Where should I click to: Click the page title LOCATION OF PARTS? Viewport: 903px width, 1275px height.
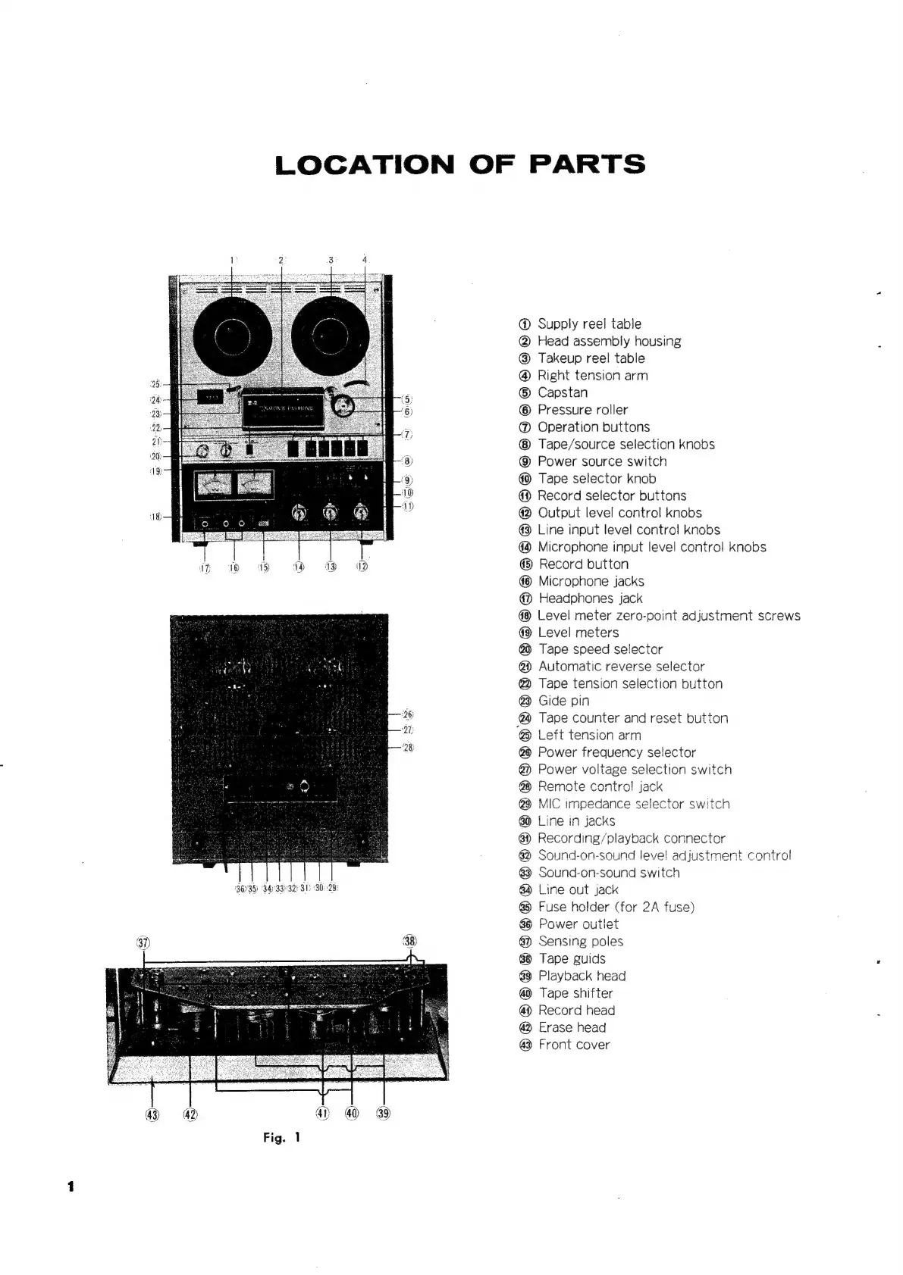(460, 164)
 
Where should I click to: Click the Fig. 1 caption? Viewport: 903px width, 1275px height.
(282, 1137)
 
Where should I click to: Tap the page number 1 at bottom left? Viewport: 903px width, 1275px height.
(71, 1186)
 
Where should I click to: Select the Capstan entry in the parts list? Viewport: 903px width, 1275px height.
(562, 392)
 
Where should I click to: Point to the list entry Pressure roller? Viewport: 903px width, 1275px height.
(582, 410)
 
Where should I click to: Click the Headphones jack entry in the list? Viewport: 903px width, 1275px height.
(590, 598)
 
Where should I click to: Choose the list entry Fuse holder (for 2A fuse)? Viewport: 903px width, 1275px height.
(616, 907)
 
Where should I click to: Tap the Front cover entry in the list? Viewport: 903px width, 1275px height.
(573, 1045)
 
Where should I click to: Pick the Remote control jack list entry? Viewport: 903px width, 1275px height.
(600, 786)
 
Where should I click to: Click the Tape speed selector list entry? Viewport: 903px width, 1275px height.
(600, 649)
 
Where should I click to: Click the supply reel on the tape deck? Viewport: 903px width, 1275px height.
(231, 333)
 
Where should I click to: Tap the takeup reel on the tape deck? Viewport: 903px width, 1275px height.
(330, 333)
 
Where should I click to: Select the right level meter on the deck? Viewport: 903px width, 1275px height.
(254, 485)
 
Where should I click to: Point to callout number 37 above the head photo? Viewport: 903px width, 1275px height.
(143, 942)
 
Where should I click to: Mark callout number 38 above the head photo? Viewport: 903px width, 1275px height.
(409, 942)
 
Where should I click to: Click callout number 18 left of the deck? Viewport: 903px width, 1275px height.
(155, 517)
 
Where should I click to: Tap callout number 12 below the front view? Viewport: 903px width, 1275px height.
(362, 567)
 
